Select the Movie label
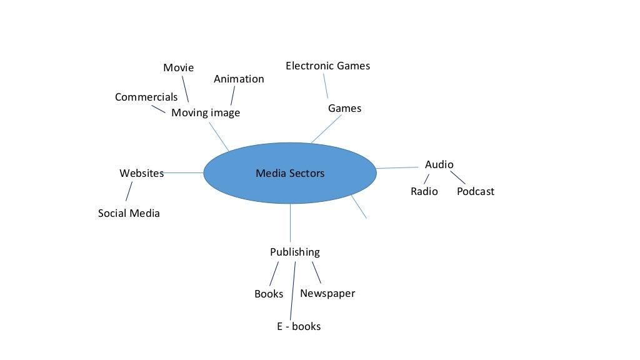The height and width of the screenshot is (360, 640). click(x=179, y=67)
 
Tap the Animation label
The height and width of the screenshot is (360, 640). click(x=239, y=79)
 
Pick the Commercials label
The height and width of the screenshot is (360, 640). click(x=146, y=97)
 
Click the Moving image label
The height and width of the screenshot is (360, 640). click(x=206, y=113)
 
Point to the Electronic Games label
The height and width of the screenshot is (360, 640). click(x=327, y=66)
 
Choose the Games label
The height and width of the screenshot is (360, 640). click(x=344, y=108)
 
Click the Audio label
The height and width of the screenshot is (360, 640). click(x=439, y=164)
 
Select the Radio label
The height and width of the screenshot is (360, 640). click(x=424, y=191)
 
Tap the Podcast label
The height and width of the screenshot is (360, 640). click(x=475, y=191)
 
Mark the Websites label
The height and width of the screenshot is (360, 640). click(x=141, y=173)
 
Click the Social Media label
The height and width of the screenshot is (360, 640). click(x=129, y=213)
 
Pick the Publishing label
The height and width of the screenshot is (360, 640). click(x=294, y=252)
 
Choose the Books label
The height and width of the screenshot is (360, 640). click(x=269, y=294)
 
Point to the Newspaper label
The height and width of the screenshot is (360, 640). click(x=327, y=293)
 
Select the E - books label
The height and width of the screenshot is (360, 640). click(x=299, y=326)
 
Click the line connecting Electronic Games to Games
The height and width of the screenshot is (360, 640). click(x=326, y=86)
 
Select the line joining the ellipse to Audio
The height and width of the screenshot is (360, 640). click(x=397, y=167)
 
